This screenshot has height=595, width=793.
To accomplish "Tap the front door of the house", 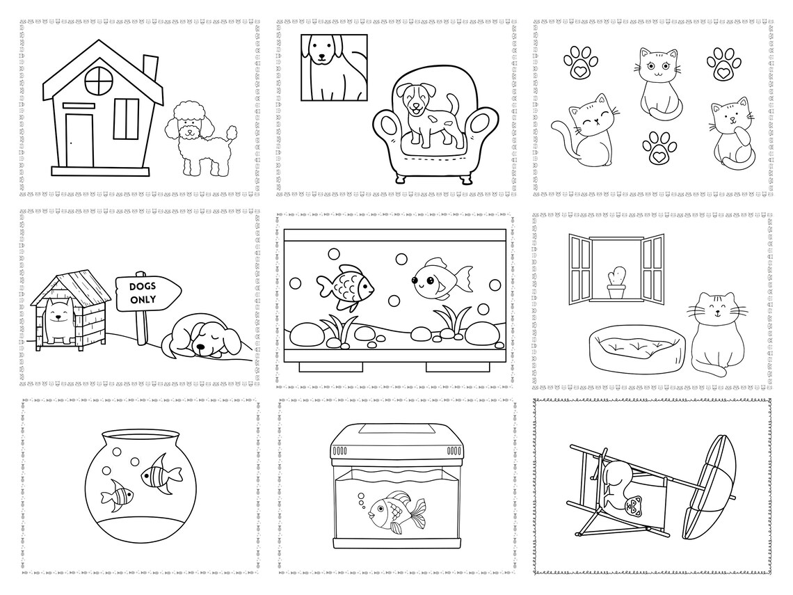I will click(79, 139).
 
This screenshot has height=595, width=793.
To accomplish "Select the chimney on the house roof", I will click(150, 68).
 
